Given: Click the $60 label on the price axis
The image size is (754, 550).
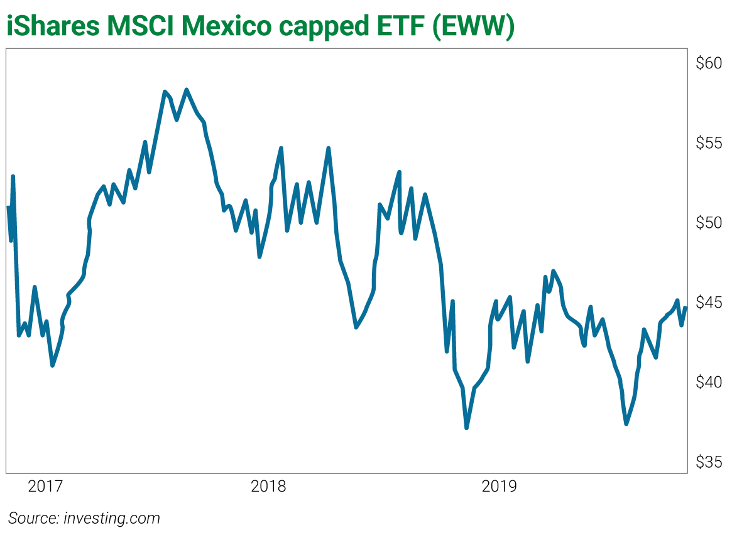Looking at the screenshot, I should point(709,63).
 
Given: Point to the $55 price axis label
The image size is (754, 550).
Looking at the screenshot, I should point(709,143).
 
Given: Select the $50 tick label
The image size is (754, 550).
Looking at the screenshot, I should point(709,223).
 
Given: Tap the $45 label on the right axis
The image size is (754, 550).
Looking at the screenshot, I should point(709,303).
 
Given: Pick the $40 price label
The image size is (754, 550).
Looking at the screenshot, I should point(709,382).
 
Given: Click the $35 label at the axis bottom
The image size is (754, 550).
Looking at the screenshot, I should point(709,462).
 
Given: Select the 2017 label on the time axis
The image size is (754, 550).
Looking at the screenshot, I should point(46,486).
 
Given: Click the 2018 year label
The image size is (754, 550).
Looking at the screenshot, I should point(268,486).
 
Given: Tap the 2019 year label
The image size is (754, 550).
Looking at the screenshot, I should point(499,486).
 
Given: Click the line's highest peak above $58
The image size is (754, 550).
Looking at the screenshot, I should point(187,90).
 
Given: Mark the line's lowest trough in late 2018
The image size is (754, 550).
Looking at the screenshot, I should point(466,428).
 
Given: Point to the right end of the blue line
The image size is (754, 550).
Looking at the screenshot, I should point(686,308).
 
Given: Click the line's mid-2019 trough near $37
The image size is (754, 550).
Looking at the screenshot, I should point(626,424).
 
